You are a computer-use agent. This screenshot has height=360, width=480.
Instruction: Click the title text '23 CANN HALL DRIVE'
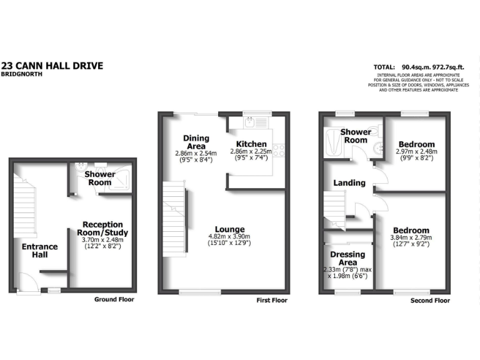(x=52, y=65)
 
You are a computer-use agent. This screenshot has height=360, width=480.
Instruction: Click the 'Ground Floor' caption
(x=114, y=299)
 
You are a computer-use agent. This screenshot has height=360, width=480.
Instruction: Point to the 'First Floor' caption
(x=272, y=301)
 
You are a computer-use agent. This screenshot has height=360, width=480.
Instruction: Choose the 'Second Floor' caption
(x=430, y=301)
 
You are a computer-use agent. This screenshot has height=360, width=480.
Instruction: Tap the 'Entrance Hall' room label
(x=40, y=251)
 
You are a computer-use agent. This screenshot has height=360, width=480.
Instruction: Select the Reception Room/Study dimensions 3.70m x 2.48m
(x=103, y=239)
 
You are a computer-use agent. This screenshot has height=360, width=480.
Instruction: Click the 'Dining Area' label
(x=196, y=142)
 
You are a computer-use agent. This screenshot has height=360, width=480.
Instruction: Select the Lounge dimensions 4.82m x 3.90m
(x=229, y=237)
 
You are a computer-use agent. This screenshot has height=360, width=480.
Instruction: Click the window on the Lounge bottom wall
(x=199, y=291)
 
